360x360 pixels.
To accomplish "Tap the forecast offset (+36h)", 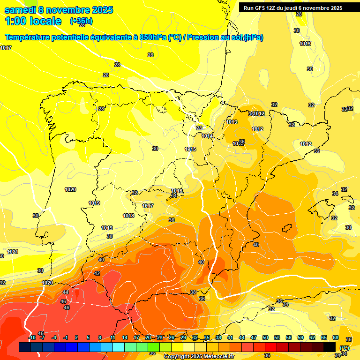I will pos(81,21).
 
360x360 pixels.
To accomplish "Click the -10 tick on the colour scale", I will pos(32,337).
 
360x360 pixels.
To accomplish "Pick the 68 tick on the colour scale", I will pos(335,337).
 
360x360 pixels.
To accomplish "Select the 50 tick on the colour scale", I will pos(265,337).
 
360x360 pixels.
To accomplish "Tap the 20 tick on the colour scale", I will pos(148,337).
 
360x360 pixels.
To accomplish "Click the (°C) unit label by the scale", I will pos(344,348).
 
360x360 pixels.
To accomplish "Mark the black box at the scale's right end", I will pos(330,347).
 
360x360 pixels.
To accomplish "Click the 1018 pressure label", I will pos(128,216).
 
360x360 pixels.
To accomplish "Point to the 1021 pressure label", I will pos(13,252).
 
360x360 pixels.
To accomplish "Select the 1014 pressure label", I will pos(207,136).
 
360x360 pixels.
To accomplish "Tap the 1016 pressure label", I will pos(176,191).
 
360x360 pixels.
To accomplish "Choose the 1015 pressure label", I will pos(190,149).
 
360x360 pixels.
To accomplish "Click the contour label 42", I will pos(97,273).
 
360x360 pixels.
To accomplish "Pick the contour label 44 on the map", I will pos(66,292).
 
